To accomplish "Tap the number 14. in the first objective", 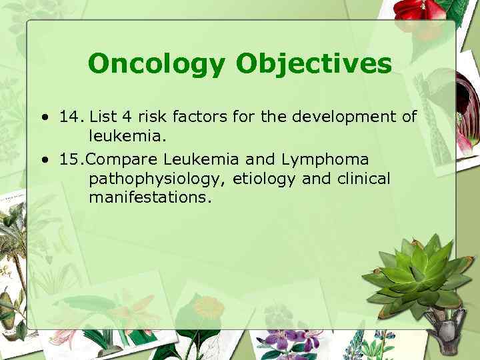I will (71, 117).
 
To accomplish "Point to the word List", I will (103, 117).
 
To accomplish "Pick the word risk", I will (151, 117).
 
